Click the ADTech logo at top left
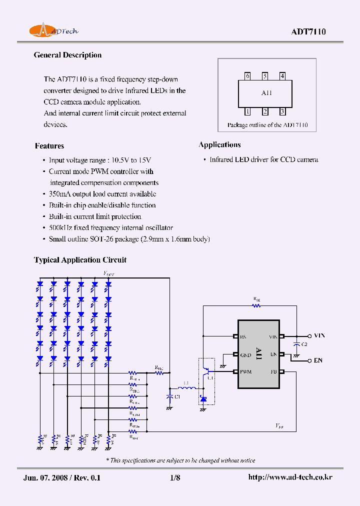coord(53,31)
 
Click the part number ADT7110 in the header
coord(308,32)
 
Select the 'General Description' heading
coord(67,55)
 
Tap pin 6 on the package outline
coord(247,76)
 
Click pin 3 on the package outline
coord(282,112)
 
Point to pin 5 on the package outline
coord(265,76)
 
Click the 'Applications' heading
coord(219,145)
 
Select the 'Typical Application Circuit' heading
coord(80,260)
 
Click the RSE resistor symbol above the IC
coord(257,304)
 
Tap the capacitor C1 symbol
coord(169,396)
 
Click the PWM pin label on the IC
coord(245,371)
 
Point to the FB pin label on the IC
coord(273,371)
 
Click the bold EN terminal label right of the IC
coord(318,360)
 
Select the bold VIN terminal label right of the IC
coord(319,336)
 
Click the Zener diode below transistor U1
coord(202,398)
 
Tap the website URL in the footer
coord(290,477)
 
